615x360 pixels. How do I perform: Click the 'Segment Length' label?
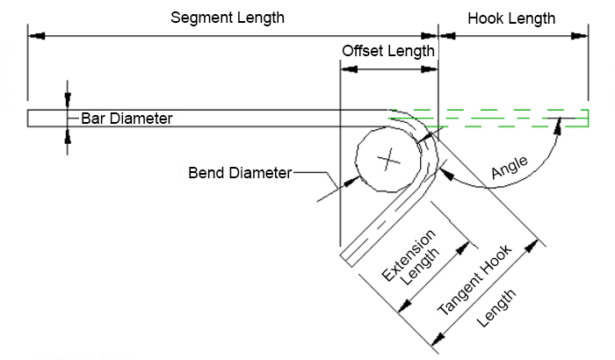click(x=228, y=18)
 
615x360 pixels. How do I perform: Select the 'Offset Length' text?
click(x=387, y=51)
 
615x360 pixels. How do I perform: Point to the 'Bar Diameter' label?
click(x=127, y=118)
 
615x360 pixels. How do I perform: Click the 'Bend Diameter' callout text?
click(x=239, y=172)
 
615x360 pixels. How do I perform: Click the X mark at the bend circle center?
click(x=387, y=161)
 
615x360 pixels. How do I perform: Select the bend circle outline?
click(x=356, y=161)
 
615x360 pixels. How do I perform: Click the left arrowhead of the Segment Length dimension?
click(x=35, y=35)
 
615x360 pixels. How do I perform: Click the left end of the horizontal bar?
click(x=29, y=118)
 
